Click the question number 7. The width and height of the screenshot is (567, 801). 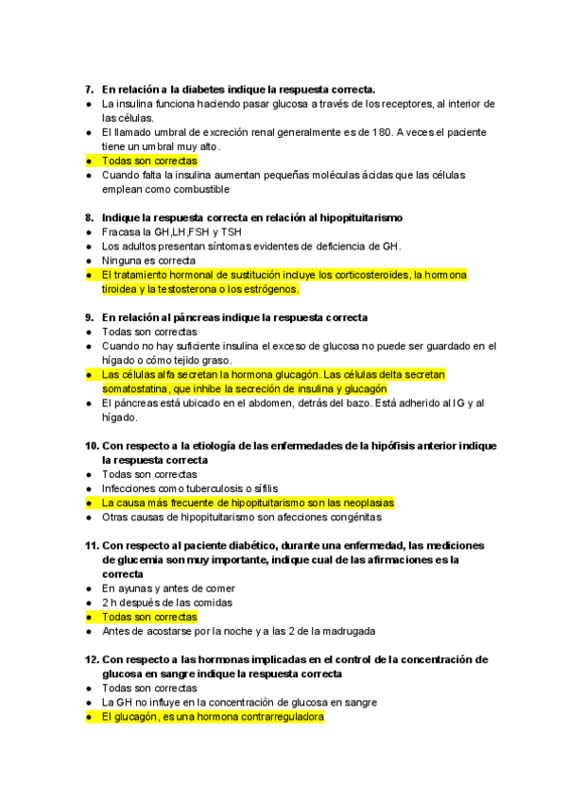[89, 89]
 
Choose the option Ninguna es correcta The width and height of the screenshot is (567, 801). [148, 260]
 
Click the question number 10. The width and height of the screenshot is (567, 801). [92, 446]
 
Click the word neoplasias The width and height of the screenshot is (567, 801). [362, 503]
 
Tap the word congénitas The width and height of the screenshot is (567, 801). [353, 517]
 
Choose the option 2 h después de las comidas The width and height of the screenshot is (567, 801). [167, 603]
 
